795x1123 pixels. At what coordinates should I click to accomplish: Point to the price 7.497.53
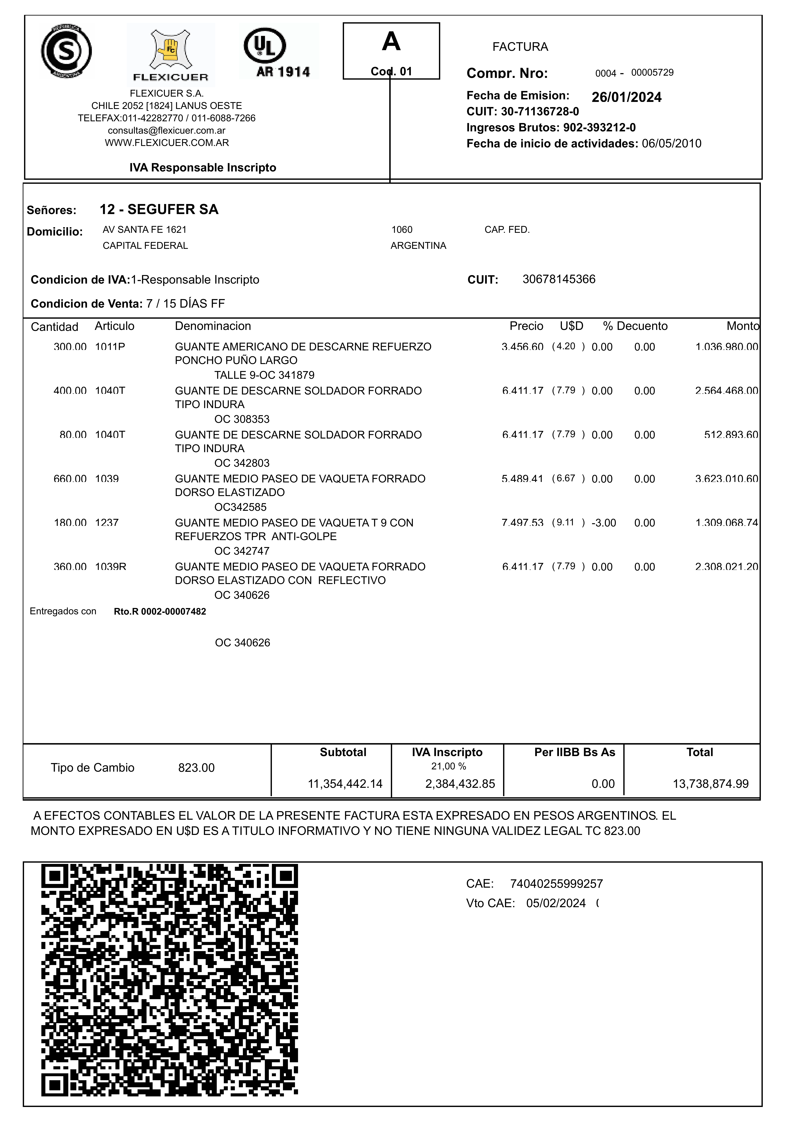(x=522, y=523)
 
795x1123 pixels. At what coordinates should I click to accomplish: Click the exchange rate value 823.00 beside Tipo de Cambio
(x=196, y=768)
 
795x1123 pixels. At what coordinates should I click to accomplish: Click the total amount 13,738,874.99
(x=710, y=784)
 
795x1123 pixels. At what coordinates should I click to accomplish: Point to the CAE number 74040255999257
(x=556, y=884)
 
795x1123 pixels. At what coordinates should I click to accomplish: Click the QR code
(x=169, y=980)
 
